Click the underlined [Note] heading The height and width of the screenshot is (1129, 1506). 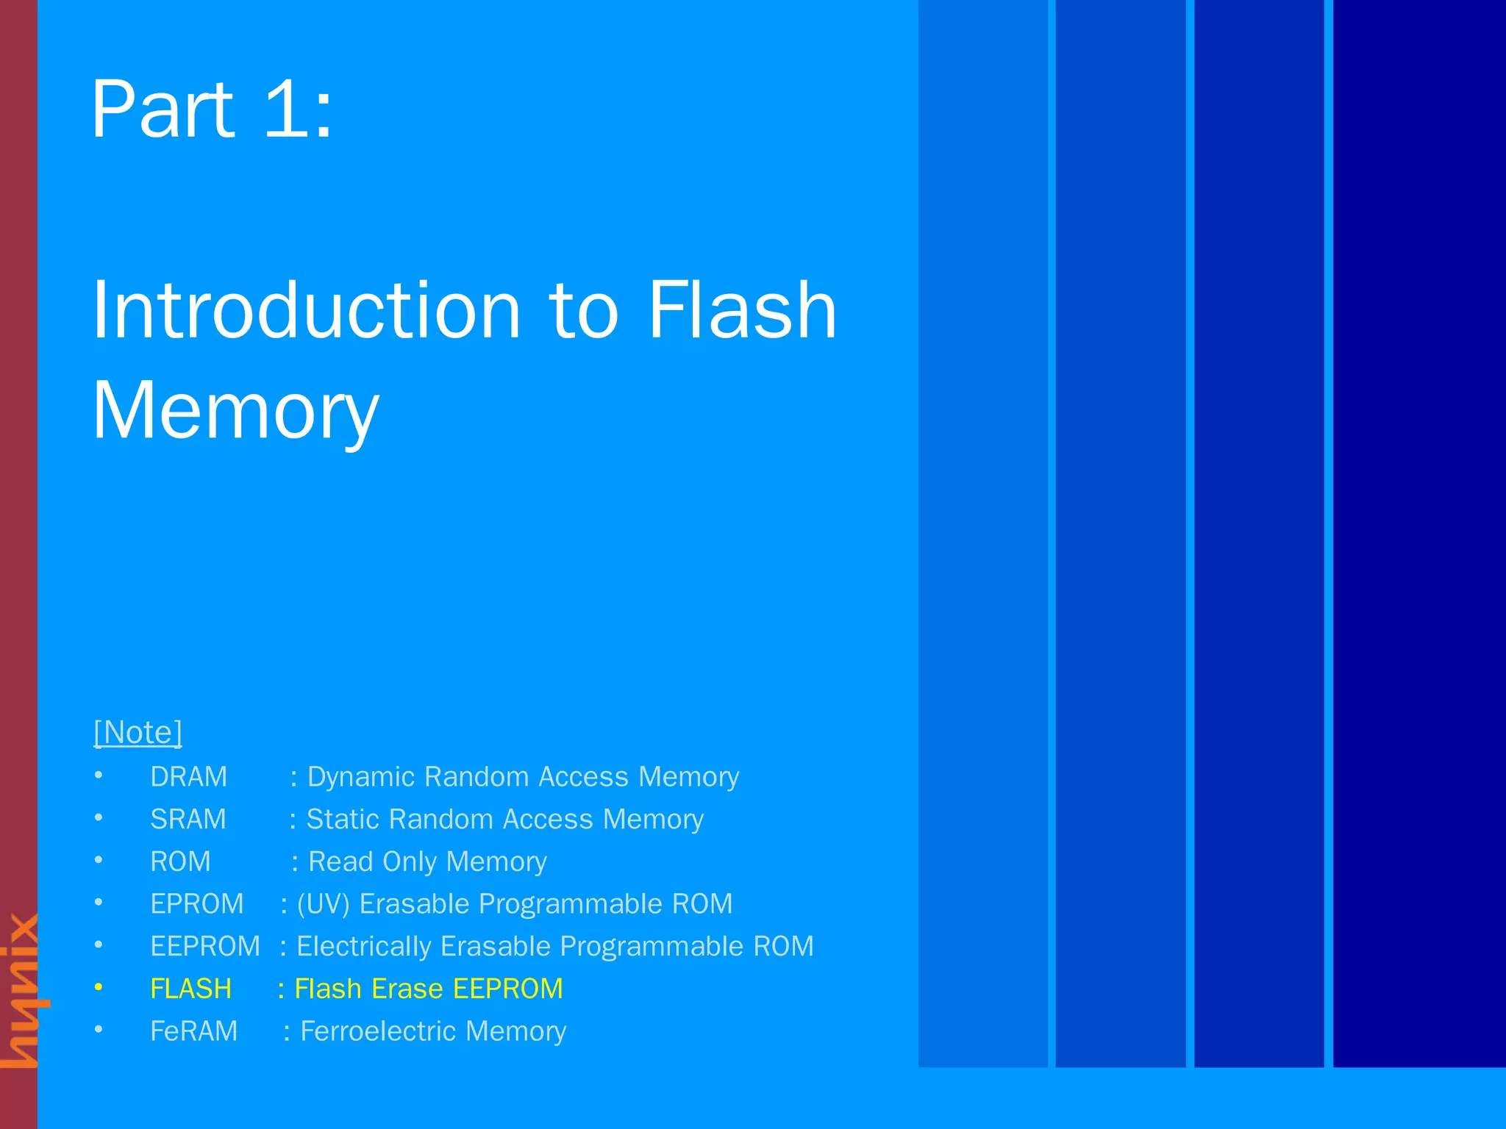[138, 732]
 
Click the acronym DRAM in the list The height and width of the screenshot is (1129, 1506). [188, 777]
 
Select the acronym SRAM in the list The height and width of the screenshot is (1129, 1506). [188, 820]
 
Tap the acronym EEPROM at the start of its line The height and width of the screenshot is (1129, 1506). [205, 946]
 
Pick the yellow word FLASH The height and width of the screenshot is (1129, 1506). [190, 989]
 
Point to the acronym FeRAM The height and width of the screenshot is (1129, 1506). [193, 1031]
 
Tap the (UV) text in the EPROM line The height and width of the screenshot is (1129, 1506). [323, 904]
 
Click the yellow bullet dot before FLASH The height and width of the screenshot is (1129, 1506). [99, 987]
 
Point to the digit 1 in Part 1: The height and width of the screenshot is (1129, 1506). [287, 110]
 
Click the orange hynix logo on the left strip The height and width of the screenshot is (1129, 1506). [21, 989]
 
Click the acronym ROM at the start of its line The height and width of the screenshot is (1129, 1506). [180, 861]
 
